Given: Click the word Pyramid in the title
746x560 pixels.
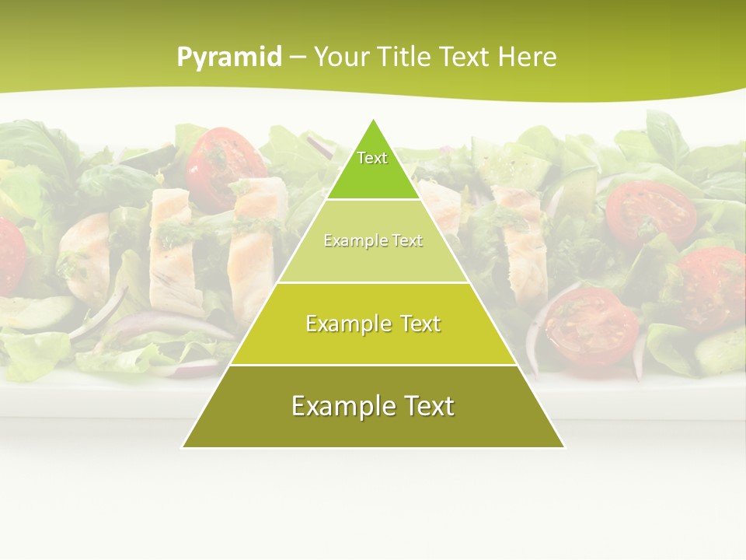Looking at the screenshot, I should coord(229,57).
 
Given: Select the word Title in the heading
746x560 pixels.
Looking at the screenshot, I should coord(406,57).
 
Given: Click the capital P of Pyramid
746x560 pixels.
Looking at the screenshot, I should coord(185,57).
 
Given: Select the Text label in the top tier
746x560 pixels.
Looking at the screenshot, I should coord(372,158).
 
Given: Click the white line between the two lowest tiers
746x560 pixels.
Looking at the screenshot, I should coord(373,365).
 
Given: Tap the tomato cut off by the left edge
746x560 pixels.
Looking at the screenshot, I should coord(9,257).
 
